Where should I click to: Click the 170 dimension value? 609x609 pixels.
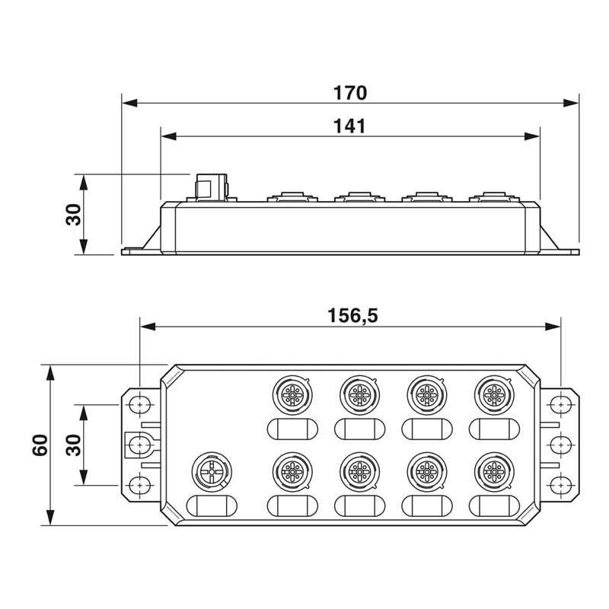point(350,93)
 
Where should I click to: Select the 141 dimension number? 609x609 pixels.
point(350,126)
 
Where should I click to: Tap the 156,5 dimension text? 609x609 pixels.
point(352,315)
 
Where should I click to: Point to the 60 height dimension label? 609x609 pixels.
point(40,445)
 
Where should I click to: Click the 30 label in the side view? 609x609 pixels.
point(73,215)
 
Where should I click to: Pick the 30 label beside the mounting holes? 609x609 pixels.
point(73,445)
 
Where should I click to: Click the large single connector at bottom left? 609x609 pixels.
point(212,470)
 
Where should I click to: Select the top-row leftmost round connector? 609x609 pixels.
point(292,395)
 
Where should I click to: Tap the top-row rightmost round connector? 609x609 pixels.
point(493,395)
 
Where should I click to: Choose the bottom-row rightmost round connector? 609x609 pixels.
point(493,471)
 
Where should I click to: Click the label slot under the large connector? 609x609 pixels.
point(212,506)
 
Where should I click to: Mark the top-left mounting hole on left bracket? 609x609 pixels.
point(139,405)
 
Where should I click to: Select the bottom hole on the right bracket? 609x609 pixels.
point(560,485)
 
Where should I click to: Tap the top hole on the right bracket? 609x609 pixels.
point(560,405)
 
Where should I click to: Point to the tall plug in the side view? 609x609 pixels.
point(212,187)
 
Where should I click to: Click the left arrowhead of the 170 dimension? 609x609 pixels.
point(129,104)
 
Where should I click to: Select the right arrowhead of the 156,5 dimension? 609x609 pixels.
point(553,327)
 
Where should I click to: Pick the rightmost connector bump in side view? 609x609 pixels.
point(493,196)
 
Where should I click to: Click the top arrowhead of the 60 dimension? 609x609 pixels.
point(49,373)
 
